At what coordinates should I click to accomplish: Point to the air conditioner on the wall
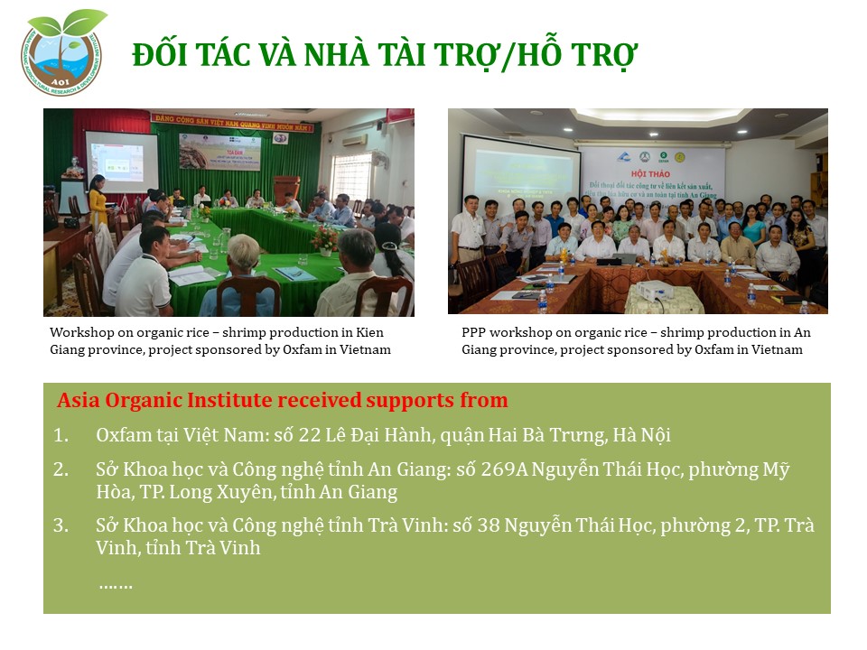(x=355, y=140)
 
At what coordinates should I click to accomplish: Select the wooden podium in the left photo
(x=286, y=189)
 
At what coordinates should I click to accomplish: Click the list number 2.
(x=61, y=469)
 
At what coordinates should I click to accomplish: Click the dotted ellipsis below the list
(x=116, y=585)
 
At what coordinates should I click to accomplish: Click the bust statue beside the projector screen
(x=73, y=167)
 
